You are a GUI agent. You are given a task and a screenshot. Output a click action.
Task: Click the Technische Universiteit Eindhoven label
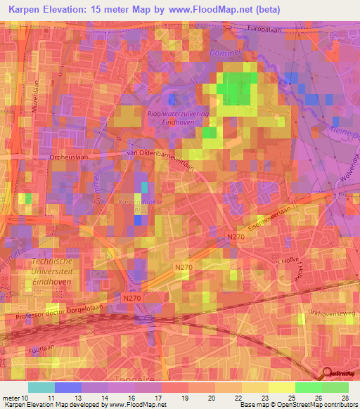coord(52,270)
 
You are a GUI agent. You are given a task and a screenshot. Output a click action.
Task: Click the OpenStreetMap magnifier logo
coord(326,375)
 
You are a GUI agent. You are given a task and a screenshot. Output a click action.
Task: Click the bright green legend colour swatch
coord(309,387)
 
